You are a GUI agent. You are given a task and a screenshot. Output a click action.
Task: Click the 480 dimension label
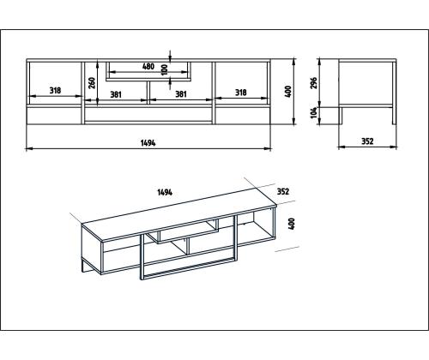[x=148, y=67]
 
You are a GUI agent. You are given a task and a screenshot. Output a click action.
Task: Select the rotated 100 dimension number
[x=164, y=69]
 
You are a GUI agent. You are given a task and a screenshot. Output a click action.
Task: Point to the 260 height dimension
[x=92, y=83]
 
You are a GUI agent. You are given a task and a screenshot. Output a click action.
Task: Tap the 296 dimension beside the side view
[x=314, y=83]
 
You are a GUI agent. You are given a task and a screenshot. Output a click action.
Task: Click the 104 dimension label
[x=314, y=112]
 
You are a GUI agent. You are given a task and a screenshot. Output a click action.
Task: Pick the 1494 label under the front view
[x=148, y=143]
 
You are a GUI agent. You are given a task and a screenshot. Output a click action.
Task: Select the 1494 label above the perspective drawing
[x=165, y=192]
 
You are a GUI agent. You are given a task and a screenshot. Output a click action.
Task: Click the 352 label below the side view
[x=367, y=141]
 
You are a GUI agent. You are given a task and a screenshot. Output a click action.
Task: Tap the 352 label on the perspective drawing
[x=283, y=191]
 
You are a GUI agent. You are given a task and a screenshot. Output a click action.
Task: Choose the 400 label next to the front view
[x=288, y=92]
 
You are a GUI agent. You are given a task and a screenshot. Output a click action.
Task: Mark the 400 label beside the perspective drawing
[x=292, y=224]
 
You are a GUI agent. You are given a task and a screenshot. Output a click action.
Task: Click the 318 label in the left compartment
[x=55, y=91]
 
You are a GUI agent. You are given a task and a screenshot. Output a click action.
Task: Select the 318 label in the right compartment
[x=241, y=93]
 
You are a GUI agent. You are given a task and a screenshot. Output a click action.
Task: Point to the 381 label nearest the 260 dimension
[x=116, y=94]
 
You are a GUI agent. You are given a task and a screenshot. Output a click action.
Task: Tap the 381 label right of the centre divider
[x=181, y=94]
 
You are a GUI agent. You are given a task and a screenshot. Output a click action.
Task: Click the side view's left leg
[x=341, y=116]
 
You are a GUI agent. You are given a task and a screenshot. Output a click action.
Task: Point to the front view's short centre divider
[x=148, y=93]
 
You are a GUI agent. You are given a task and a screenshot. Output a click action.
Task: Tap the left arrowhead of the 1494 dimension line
[x=28, y=148]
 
